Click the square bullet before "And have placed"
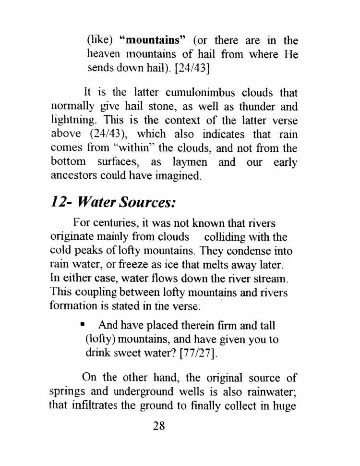[83, 325]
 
